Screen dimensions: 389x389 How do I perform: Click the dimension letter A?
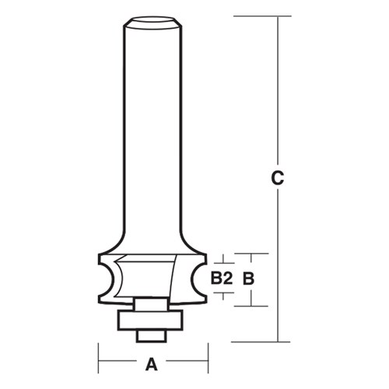point(152,362)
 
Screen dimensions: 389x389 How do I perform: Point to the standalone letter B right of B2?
point(248,278)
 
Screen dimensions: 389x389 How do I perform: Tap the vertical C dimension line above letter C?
point(276,93)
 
